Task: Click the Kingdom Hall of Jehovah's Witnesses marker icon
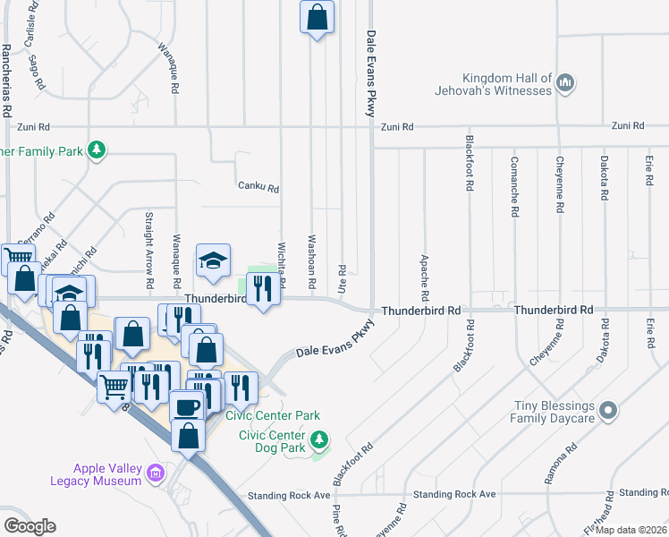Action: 564,85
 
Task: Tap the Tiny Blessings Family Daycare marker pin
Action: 608,411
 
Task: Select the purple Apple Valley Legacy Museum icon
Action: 157,472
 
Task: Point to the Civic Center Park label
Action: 273,416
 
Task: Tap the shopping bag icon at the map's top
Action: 317,17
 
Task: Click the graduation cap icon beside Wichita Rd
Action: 213,260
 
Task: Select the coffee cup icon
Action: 186,406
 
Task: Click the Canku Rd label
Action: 258,189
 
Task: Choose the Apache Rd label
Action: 424,277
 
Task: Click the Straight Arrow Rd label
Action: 149,243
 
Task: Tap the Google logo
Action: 30,525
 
